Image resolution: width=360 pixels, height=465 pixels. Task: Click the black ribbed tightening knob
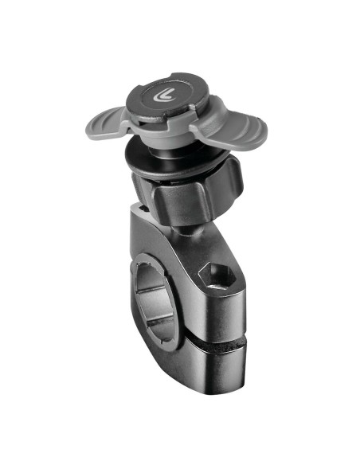point(182,197)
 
